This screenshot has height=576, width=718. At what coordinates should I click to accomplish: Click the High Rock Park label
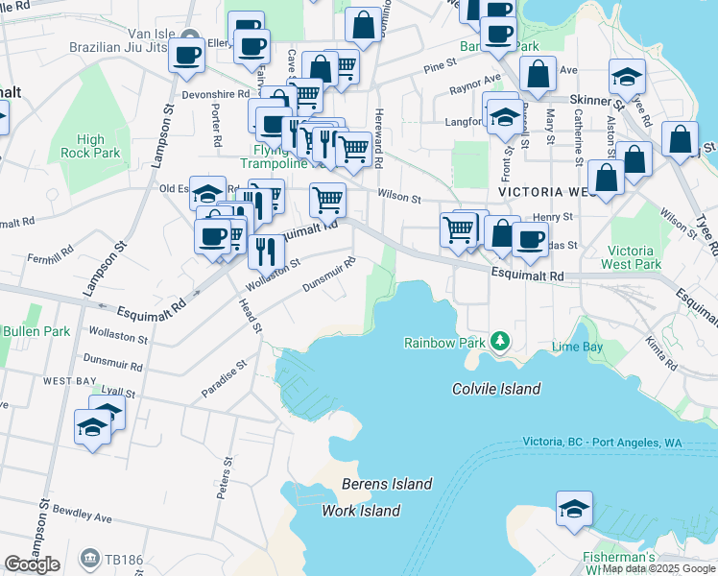pyautogui.click(x=90, y=146)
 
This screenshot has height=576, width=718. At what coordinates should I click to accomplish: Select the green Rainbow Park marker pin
pyautogui.click(x=499, y=341)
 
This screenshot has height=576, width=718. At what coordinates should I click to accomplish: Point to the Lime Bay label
pyautogui.click(x=576, y=346)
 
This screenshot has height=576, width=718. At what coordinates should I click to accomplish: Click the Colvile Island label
pyautogui.click(x=496, y=389)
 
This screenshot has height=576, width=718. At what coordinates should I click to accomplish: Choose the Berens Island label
pyautogui.click(x=387, y=484)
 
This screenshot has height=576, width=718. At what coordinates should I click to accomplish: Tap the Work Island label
pyautogui.click(x=361, y=511)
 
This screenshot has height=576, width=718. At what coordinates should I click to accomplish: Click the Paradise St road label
pyautogui.click(x=225, y=379)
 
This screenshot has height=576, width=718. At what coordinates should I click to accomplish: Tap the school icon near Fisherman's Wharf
pyautogui.click(x=574, y=509)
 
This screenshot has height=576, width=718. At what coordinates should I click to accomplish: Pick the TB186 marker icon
pyautogui.click(x=89, y=556)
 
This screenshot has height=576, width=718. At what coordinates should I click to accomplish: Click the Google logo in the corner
pyautogui.click(x=32, y=564)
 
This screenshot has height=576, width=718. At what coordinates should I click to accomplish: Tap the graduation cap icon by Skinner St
pyautogui.click(x=627, y=76)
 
